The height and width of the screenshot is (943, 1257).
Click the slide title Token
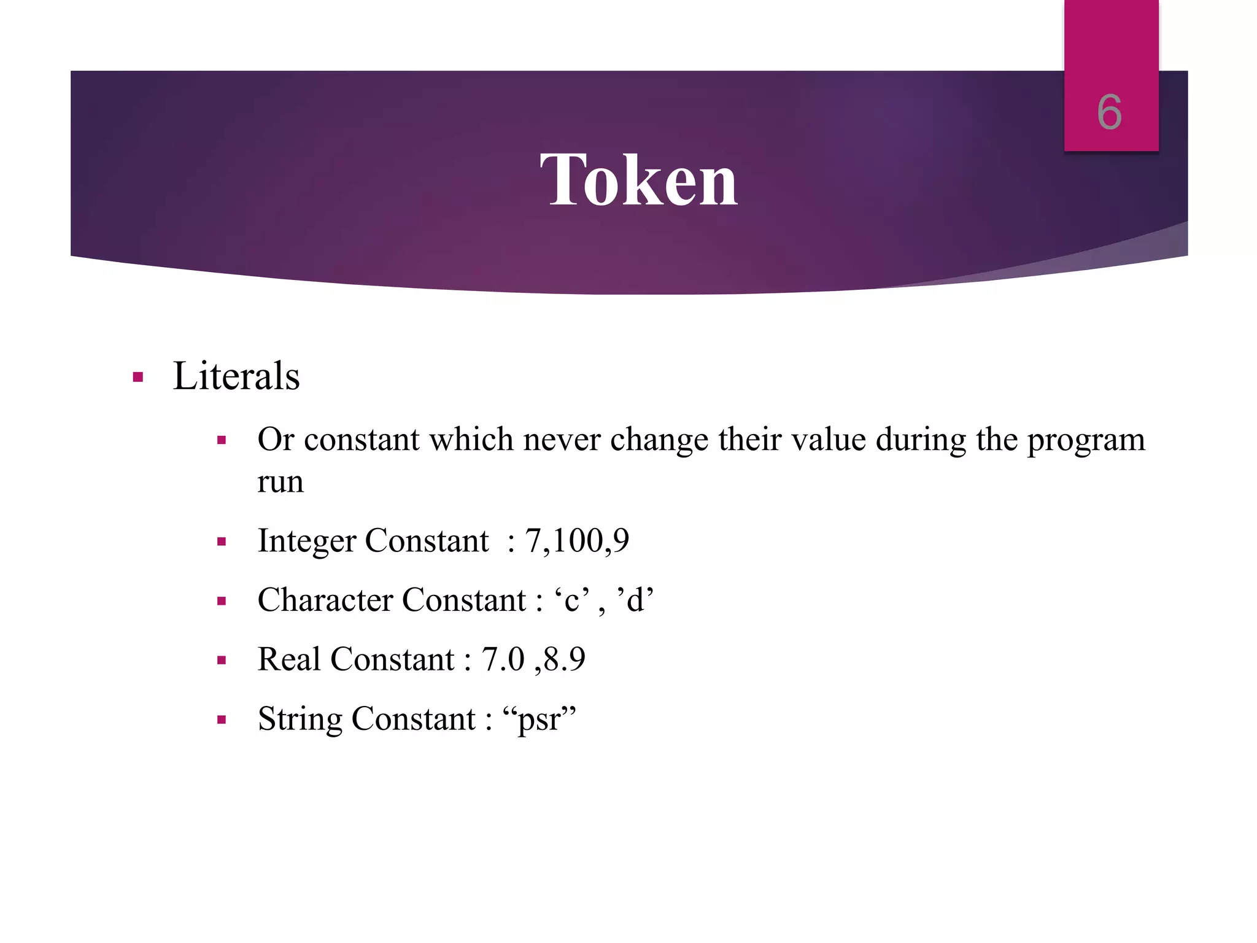(x=638, y=180)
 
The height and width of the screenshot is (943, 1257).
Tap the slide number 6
(x=1110, y=112)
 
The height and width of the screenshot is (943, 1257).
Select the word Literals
(x=236, y=376)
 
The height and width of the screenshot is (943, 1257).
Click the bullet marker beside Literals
(x=138, y=377)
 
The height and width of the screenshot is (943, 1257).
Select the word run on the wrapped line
(x=280, y=482)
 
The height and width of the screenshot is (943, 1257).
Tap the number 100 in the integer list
(x=577, y=540)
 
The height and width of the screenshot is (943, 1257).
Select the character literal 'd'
(x=635, y=600)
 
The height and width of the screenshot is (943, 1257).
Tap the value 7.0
(x=503, y=659)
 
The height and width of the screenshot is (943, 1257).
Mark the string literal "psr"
(x=539, y=719)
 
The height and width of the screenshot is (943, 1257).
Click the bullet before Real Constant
(x=222, y=661)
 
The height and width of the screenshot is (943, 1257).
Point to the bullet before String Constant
(x=222, y=720)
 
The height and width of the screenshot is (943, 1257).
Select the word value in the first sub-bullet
(x=829, y=440)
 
